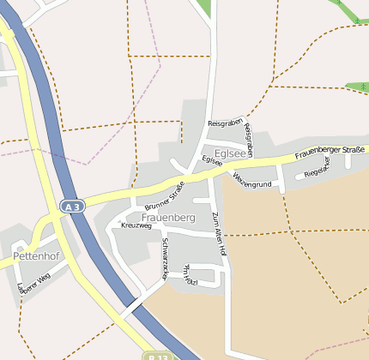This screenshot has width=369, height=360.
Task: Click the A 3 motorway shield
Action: [71, 207]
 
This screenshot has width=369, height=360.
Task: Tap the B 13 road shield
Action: [155, 355]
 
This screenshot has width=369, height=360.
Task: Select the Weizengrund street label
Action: [251, 180]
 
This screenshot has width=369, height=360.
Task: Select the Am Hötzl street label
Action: [191, 276]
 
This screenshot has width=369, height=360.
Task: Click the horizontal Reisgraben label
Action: [226, 123]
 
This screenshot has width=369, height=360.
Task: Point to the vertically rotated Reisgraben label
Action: [249, 139]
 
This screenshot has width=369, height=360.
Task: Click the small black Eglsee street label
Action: [212, 160]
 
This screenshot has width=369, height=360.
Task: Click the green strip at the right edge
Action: [356, 87]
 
